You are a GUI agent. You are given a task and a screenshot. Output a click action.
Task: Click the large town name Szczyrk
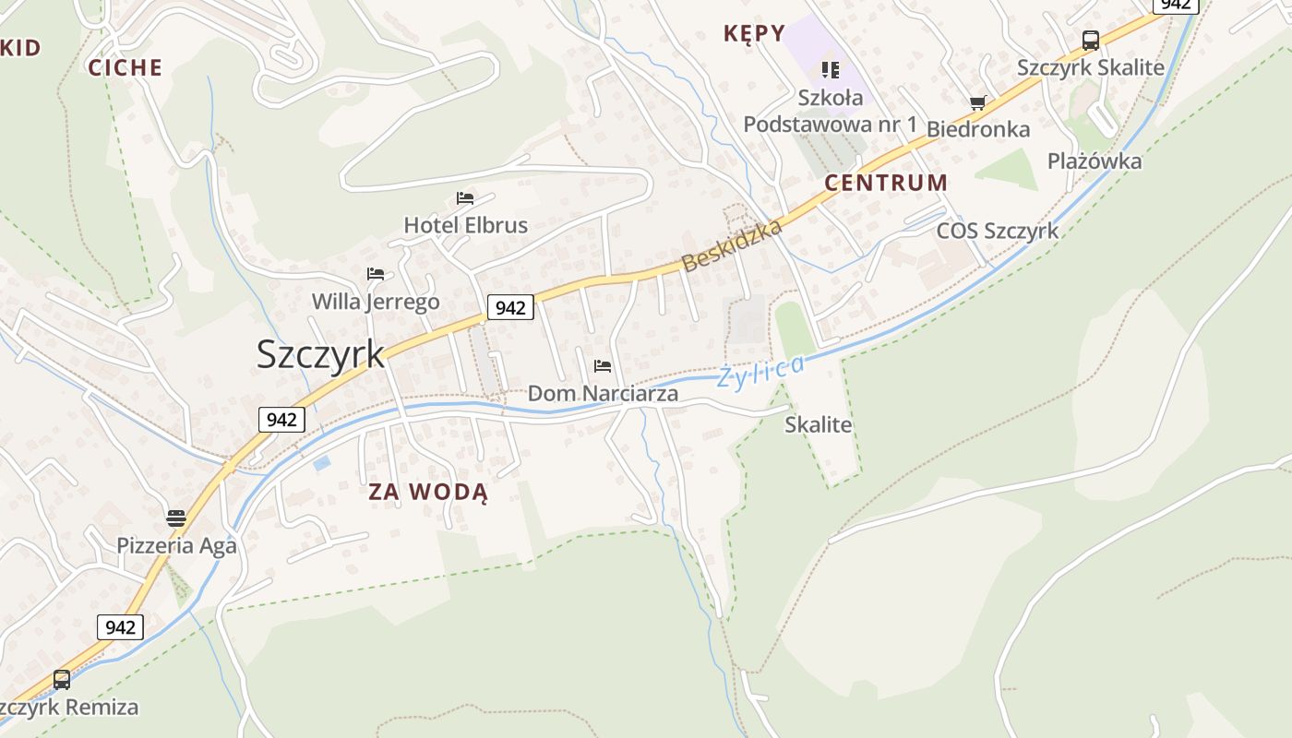pyautogui.click(x=320, y=354)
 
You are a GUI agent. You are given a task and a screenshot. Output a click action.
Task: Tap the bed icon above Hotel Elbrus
pyautogui.click(x=465, y=198)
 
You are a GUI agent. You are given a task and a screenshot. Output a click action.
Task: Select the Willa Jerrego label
pyautogui.click(x=376, y=302)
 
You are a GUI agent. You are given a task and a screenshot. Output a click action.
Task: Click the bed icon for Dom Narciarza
pyautogui.click(x=603, y=366)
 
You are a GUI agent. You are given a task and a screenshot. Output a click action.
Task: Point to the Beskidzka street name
pyautogui.click(x=732, y=245)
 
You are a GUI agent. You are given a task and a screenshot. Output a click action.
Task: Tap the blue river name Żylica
pyautogui.click(x=761, y=370)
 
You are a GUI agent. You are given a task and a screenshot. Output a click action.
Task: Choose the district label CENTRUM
pyautogui.click(x=886, y=183)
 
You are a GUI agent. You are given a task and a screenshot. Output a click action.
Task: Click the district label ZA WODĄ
pyautogui.click(x=428, y=492)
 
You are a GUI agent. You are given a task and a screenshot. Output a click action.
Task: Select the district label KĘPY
pyautogui.click(x=754, y=34)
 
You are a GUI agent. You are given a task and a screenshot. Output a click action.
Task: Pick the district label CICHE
pyautogui.click(x=126, y=67)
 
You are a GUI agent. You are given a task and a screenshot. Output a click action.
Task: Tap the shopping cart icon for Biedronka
pyautogui.click(x=977, y=102)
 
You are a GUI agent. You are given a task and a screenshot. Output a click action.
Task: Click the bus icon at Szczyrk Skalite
pyautogui.click(x=1090, y=41)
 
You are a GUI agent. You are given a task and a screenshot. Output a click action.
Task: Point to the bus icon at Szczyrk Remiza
pyautogui.click(x=62, y=680)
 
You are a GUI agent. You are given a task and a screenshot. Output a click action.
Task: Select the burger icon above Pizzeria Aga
pyautogui.click(x=176, y=518)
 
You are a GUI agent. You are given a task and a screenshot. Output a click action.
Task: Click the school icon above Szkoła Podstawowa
pyautogui.click(x=831, y=69)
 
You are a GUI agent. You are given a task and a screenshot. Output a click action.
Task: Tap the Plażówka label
pyautogui.click(x=1095, y=161)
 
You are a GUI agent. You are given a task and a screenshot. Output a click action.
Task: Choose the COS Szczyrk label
pyautogui.click(x=998, y=231)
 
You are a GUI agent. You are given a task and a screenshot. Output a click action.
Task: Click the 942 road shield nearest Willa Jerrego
pyautogui.click(x=510, y=307)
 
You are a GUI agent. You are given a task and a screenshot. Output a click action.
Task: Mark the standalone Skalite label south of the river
pyautogui.click(x=819, y=425)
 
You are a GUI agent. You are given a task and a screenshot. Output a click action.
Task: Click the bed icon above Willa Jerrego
pyautogui.click(x=375, y=274)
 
